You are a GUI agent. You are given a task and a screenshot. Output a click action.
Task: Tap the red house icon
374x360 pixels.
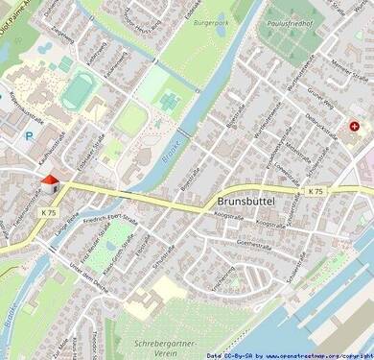pyautogui.click(x=48, y=182)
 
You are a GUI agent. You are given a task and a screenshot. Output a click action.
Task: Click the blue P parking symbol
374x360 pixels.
pyautogui.click(x=28, y=136)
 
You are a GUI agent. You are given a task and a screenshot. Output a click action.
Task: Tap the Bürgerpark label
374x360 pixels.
pyautogui.click(x=212, y=21)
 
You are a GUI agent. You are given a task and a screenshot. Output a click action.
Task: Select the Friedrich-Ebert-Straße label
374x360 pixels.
pyautogui.click(x=109, y=225)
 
